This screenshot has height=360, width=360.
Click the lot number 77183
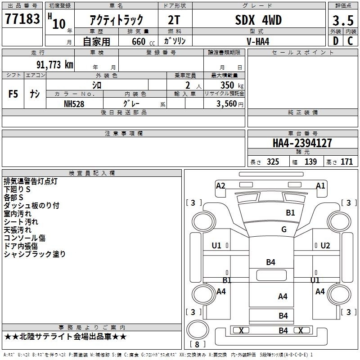[22, 18]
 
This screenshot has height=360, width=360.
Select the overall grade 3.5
[343, 20]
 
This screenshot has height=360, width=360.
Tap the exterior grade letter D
[336, 41]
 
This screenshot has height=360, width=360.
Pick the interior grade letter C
[350, 41]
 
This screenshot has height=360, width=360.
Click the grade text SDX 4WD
[258, 20]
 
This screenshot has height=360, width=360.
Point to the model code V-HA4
[258, 41]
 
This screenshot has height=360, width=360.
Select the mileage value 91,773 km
[55, 64]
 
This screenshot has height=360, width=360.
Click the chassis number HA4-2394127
[302, 143]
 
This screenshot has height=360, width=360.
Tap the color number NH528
[74, 104]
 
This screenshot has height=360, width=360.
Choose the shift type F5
[13, 94]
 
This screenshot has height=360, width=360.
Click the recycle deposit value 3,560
[226, 104]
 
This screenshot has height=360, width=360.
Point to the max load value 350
[227, 85]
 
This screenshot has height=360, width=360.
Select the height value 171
[346, 162]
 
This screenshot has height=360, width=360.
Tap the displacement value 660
[139, 41]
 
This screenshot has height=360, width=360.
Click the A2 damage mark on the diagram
[220, 185]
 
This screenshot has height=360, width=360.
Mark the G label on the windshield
[284, 229]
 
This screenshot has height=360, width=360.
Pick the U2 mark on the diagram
[325, 246]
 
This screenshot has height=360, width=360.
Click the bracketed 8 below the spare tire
[197, 344]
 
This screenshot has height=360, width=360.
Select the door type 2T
[174, 20]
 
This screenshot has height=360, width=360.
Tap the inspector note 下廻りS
[17, 189]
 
